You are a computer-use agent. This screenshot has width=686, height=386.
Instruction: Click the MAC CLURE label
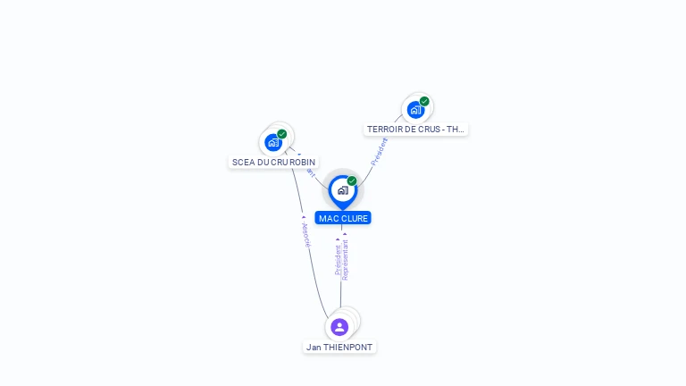pos(343,218)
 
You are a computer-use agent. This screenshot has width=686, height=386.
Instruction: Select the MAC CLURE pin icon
pos(342,190)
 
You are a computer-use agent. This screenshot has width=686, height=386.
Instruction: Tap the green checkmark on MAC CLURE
pos(352,180)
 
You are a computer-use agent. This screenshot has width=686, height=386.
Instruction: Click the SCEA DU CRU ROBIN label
pos(273,163)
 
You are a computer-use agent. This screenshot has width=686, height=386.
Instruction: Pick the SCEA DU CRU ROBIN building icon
pos(273,142)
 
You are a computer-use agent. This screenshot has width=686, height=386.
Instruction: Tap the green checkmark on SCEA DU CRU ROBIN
pos(282,134)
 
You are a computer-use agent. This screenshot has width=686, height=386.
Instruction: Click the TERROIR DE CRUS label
pos(415,130)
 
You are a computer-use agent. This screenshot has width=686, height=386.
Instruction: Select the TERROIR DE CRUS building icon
pos(415,110)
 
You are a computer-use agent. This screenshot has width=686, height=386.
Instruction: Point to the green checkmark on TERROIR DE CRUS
pos(424,101)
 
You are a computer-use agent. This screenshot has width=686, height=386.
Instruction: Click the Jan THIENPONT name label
pos(339,347)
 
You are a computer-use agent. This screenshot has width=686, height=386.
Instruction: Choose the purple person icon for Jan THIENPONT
pos(339,327)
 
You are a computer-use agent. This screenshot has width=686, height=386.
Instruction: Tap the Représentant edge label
pos(346,259)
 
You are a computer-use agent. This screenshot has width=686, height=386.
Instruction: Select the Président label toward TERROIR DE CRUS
pos(379,151)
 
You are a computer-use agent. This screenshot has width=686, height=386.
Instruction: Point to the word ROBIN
pos(303,163)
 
